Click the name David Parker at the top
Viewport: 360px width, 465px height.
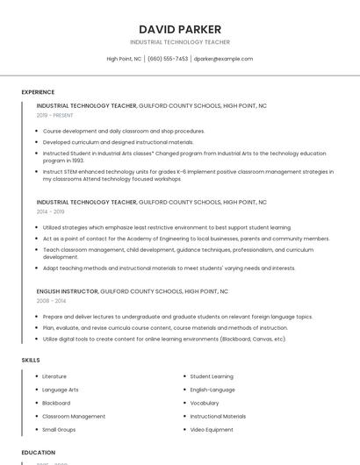click(180, 29)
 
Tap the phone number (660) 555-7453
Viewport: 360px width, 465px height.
click(168, 59)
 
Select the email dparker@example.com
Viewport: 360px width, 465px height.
click(223, 59)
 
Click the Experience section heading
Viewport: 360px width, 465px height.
click(38, 91)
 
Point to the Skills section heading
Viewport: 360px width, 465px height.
click(31, 360)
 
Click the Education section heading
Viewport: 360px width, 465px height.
click(39, 452)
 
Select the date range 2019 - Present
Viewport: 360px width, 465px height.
click(55, 115)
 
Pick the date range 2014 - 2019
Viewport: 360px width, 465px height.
click(50, 211)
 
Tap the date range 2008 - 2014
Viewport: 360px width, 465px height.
click(50, 300)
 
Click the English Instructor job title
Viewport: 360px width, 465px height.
click(68, 290)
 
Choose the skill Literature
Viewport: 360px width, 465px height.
click(54, 376)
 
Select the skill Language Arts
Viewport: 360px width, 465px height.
click(61, 390)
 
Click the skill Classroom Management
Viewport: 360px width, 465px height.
click(74, 416)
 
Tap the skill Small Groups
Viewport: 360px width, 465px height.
click(60, 429)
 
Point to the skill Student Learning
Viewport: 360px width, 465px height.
click(212, 376)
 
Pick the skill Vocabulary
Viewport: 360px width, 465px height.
click(205, 403)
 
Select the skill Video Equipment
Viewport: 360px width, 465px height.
click(212, 429)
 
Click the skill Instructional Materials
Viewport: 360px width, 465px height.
click(218, 416)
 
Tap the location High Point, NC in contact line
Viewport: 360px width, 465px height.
click(124, 59)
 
